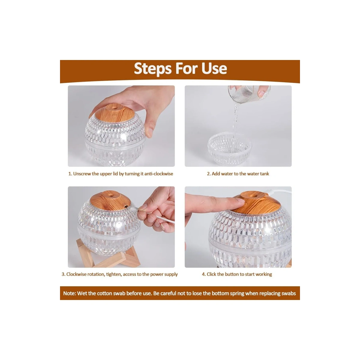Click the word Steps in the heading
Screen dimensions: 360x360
tap(153, 69)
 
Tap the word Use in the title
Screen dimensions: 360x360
tap(214, 68)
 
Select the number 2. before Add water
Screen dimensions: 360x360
tap(209, 174)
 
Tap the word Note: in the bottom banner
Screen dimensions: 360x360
tap(69, 293)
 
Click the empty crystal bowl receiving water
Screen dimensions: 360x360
tap(229, 148)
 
